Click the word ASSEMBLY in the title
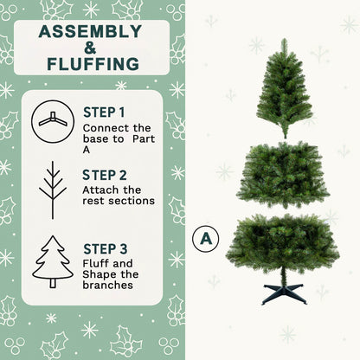pos(90,33)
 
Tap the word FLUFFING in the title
pos(90,64)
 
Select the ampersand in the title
pos(90,48)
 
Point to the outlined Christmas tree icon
pos(53,261)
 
